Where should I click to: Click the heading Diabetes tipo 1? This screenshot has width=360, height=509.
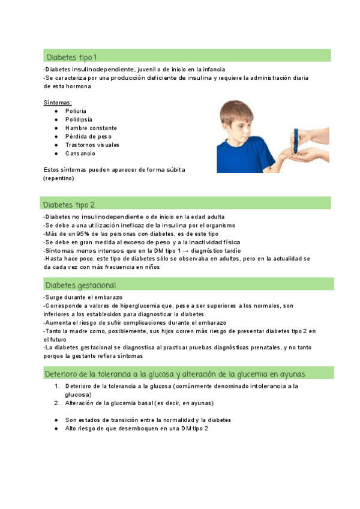(x=71, y=57)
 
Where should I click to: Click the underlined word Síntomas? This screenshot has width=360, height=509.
(x=58, y=103)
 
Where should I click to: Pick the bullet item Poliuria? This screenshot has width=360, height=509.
(x=76, y=111)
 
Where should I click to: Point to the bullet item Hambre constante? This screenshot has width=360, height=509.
(x=91, y=128)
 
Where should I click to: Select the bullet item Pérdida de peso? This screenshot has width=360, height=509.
(x=88, y=136)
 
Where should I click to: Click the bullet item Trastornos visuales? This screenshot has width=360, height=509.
(x=92, y=145)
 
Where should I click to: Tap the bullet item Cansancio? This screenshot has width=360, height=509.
(x=80, y=154)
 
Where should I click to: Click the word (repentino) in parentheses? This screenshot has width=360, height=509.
(x=59, y=179)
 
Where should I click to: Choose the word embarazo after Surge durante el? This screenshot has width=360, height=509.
(x=109, y=297)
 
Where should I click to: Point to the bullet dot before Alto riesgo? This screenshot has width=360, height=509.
(x=56, y=429)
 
